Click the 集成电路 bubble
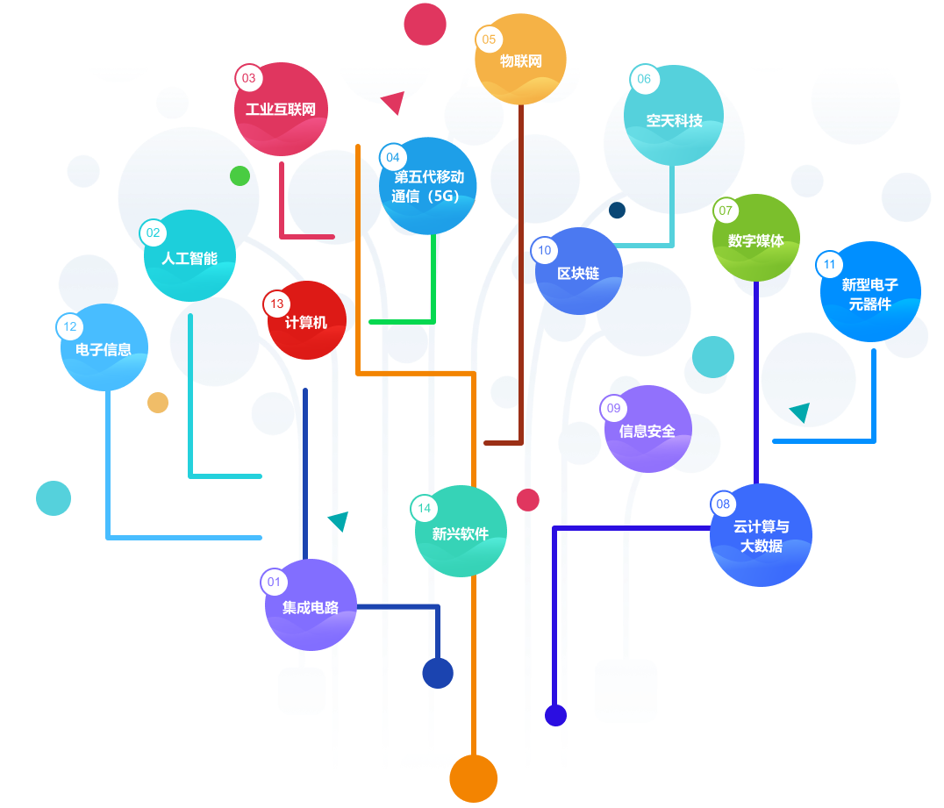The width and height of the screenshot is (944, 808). coord(311,605)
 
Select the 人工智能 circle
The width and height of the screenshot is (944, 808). coord(190,256)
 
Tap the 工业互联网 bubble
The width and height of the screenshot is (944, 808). coord(281,110)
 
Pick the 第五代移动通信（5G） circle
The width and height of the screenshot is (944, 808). coord(428,186)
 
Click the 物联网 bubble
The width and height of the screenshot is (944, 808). coord(520,60)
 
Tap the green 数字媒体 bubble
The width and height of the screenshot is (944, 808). coord(756,239)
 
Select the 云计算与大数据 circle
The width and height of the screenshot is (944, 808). coord(761,535)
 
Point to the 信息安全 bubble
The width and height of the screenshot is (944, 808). coord(647,429)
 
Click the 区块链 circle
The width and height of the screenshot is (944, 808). coord(578,272)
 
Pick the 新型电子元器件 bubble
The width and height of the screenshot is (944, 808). coord(869,292)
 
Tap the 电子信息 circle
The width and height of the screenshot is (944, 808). coord(104,347)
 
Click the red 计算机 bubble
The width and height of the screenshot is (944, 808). coord(306,321)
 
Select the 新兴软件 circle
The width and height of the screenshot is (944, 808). coord(461,532)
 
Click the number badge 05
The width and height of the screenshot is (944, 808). coord(489,39)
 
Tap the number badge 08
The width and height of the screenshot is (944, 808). coord(723,504)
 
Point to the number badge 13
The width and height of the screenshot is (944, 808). coord(277,304)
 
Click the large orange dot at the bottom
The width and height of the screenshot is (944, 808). coord(474,778)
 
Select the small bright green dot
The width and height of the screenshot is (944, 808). coord(240,175)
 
